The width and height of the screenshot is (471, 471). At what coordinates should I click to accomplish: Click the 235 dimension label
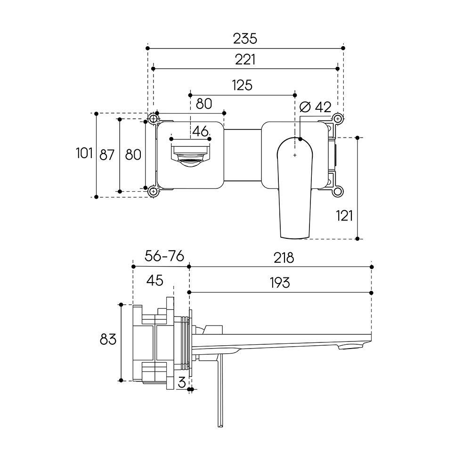(x=245, y=39)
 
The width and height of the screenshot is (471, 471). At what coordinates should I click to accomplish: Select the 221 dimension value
(x=245, y=59)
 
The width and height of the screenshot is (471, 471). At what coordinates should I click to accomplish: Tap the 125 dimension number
(x=242, y=85)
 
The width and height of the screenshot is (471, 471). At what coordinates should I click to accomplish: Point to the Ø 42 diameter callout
(x=316, y=107)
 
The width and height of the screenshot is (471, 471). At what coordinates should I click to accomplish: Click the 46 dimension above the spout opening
(x=200, y=131)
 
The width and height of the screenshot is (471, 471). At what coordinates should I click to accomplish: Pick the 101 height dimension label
(x=84, y=154)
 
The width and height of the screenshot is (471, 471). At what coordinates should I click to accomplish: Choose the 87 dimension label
(x=107, y=155)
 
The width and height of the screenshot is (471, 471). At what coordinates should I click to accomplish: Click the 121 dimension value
(x=344, y=216)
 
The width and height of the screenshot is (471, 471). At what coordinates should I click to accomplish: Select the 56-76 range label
(x=164, y=256)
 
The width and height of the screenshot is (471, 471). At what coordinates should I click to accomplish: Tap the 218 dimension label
(x=284, y=258)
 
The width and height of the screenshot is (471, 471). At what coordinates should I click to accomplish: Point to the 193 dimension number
(x=280, y=283)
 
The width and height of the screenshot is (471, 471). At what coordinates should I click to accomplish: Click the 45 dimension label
(x=155, y=280)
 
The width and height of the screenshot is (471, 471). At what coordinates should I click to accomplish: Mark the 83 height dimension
(x=108, y=340)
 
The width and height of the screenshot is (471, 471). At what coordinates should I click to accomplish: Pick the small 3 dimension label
(x=182, y=382)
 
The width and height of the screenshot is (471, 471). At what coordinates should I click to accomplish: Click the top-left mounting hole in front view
(x=153, y=119)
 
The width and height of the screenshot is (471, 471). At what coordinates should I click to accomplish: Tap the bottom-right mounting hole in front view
(x=338, y=191)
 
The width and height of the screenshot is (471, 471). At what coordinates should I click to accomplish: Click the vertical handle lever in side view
(x=220, y=390)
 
